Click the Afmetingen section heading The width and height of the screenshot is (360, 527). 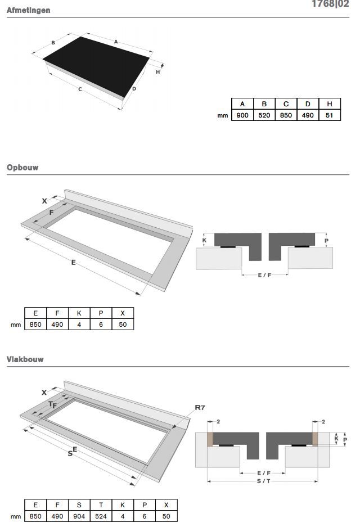coord(29,10)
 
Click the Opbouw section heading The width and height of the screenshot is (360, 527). coord(22,168)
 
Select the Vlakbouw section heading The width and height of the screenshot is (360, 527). coord(25,359)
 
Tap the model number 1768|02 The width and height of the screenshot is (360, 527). coord(330,4)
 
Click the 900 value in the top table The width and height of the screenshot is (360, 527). coord(242,115)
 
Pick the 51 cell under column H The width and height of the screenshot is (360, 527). coord(330,115)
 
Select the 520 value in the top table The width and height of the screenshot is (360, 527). coord(264,115)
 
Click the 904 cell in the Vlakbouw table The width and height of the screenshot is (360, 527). coord(79,516)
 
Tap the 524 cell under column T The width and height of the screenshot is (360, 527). coord(101,516)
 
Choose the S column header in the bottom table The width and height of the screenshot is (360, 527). coord(79,505)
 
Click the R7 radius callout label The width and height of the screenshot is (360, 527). coord(200,408)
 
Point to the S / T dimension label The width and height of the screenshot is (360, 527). coord(263,481)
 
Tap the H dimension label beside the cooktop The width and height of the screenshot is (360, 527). coord(158,72)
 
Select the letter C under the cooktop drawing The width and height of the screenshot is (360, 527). coord(80,89)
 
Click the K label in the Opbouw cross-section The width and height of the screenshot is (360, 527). coord(204,240)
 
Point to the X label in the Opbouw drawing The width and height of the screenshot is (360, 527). coord(44,201)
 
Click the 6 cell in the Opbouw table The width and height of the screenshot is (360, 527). coord(101,325)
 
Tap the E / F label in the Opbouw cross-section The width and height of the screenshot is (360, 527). coord(264,275)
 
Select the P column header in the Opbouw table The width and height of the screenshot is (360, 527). coord(101,313)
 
